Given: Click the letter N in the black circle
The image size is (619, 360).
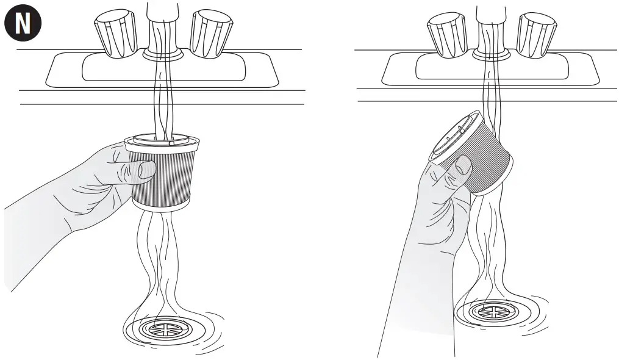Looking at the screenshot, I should pyautogui.click(x=23, y=24).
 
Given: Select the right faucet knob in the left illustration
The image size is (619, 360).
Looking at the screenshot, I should pyautogui.click(x=209, y=34).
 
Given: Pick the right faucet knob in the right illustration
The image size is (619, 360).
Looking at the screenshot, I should pyautogui.click(x=536, y=34).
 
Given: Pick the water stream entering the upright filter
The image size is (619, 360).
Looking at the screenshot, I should pyautogui.click(x=162, y=104).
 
